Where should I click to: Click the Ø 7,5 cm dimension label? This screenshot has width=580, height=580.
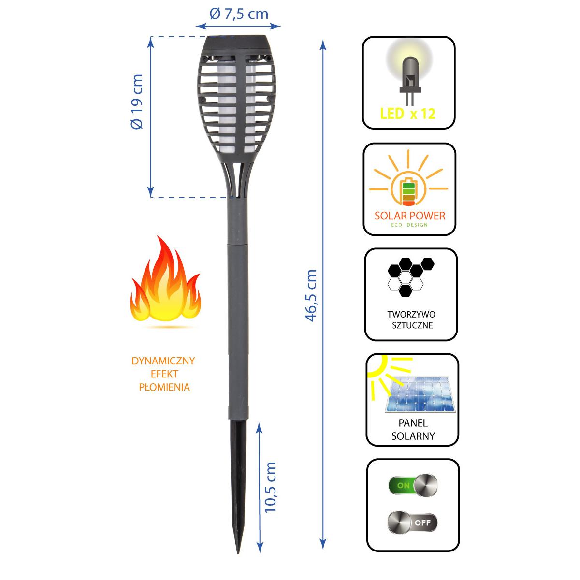coord(239,14)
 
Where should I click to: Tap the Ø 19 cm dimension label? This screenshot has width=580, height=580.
coord(137,101)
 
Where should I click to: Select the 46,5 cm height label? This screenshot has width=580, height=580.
coord(311,295)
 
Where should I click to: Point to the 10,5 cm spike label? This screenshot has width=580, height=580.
coord(271,487)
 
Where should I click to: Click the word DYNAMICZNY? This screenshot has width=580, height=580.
coord(163,361)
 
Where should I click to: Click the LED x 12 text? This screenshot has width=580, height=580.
coord(407,114)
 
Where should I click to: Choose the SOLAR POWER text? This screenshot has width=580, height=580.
coord(410,216)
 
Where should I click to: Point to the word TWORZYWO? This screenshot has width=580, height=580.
coord(411,315)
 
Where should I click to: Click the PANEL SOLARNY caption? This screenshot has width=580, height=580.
coord(413,429)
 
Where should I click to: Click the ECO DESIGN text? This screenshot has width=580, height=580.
coord(410,225)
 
